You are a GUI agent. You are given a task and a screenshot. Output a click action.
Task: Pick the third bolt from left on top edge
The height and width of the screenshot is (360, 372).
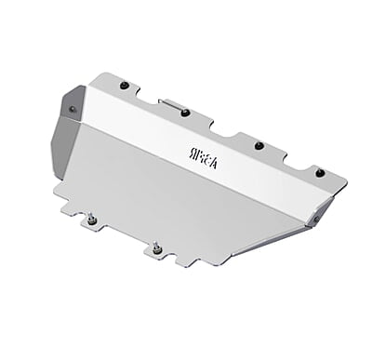[x=259, y=144]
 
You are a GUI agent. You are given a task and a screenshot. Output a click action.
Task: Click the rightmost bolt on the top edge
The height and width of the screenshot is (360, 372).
[x=319, y=171]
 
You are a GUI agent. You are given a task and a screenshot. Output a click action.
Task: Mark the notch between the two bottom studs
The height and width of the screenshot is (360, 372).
[x=125, y=238]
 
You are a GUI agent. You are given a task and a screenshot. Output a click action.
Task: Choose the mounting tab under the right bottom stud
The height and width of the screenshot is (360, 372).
[x=158, y=256]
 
